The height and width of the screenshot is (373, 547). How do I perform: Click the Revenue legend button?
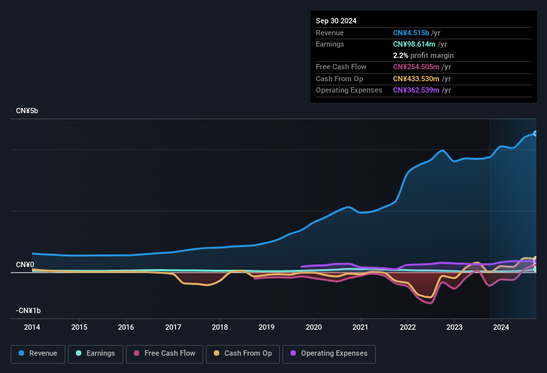click(38, 354)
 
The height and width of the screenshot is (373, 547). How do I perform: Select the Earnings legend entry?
click(95, 354)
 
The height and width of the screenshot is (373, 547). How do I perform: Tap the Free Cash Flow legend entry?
click(165, 354)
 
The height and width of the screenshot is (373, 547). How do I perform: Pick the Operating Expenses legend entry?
click(329, 354)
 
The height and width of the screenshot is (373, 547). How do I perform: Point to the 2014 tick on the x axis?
click(32, 327)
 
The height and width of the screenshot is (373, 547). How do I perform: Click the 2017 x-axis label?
click(173, 327)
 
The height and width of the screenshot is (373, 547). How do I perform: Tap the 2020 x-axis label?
click(314, 327)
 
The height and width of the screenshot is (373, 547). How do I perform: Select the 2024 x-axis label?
click(501, 327)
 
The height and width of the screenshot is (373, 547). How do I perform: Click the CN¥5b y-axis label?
click(27, 111)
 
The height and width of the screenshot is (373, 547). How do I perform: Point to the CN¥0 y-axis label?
click(25, 265)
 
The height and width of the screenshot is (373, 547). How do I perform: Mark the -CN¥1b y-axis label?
click(29, 311)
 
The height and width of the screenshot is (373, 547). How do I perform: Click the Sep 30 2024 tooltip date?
click(336, 21)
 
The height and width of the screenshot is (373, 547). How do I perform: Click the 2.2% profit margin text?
click(423, 55)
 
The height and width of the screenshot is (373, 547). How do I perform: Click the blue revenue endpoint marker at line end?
click(535, 133)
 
